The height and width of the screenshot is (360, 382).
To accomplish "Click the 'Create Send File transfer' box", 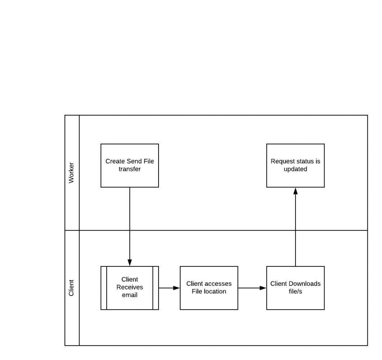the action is [x=129, y=165].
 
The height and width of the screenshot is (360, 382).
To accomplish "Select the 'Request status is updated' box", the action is [x=295, y=165].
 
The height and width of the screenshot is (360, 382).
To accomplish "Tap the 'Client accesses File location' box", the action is [x=209, y=288].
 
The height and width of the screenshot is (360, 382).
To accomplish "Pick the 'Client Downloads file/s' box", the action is [x=295, y=288].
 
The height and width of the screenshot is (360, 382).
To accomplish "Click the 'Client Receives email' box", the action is [x=129, y=288].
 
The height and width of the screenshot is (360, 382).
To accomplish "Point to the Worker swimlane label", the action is [x=71, y=173].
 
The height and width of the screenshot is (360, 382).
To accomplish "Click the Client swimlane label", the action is [x=71, y=288].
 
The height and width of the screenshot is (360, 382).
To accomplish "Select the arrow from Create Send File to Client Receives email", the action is [x=129, y=227].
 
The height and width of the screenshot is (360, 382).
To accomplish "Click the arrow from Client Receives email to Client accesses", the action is [x=169, y=288].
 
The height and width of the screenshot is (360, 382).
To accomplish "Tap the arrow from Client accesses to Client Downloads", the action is [x=252, y=288].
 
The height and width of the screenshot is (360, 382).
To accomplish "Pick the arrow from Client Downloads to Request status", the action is [x=295, y=227].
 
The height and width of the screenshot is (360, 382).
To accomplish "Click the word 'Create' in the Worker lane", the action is [x=115, y=161].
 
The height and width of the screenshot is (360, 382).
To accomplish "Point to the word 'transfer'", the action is [x=129, y=169].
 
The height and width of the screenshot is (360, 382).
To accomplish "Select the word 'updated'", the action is [x=295, y=169].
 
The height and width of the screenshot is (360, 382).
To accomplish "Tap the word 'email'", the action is [x=129, y=295].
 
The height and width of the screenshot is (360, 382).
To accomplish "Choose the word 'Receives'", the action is [x=129, y=287].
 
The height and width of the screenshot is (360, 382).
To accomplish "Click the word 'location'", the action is [x=215, y=291].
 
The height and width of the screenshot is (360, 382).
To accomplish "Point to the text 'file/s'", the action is [x=295, y=291].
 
